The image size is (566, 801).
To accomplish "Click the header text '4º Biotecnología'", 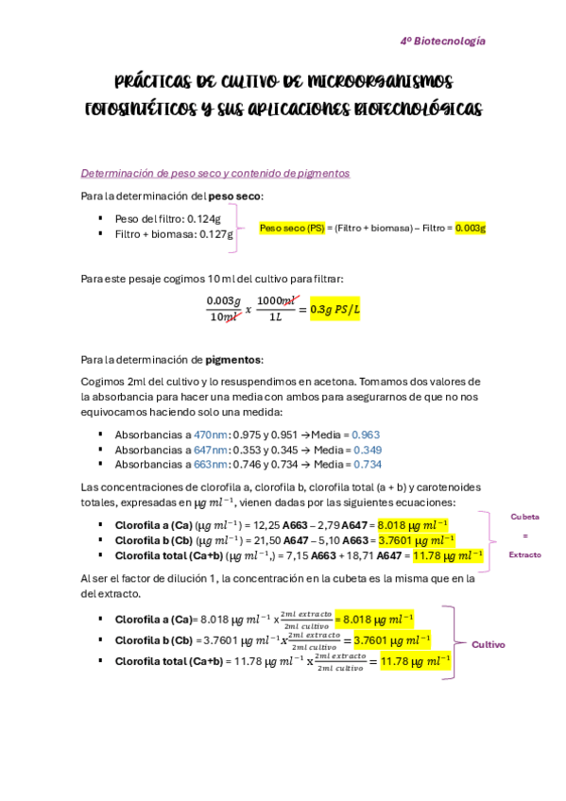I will tap(442, 42).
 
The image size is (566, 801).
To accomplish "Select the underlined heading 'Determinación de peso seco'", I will tap(215, 174).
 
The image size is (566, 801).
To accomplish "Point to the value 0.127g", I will tap(216, 234).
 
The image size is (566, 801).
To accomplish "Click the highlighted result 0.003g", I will tap(470, 229).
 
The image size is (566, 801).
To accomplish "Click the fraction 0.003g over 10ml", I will tap(224, 308).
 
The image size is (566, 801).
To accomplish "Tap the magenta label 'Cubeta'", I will tap(523, 517).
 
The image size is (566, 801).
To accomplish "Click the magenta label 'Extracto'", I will tap(524, 554).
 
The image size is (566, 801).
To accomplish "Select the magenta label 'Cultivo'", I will tap(489, 644).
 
